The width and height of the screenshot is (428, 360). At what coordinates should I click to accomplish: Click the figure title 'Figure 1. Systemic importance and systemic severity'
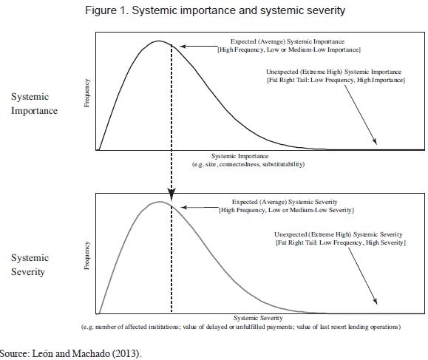coord(215,10)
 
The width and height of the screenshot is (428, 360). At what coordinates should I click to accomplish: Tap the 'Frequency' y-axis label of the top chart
coord(86,93)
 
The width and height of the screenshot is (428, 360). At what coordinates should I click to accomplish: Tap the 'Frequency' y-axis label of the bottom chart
coord(86,256)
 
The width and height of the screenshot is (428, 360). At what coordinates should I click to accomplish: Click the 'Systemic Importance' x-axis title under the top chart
coord(240,156)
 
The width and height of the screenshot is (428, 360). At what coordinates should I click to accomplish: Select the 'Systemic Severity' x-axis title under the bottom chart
coord(258,318)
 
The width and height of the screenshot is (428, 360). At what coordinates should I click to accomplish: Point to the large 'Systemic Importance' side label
coord(34,103)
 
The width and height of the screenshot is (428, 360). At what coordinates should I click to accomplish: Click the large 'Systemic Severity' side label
coord(30,265)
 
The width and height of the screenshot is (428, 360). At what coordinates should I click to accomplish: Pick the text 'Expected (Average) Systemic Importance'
coord(288,41)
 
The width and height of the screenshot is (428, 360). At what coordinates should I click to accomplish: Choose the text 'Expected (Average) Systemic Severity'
coord(285,202)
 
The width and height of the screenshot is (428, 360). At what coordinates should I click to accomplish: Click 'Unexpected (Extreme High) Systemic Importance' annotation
coord(333,72)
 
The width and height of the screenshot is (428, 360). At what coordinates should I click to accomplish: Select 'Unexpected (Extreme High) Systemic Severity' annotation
coord(339,234)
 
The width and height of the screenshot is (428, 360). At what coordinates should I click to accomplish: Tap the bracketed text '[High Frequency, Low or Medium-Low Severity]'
coord(286,210)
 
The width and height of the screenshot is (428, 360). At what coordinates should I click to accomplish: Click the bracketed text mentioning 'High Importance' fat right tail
coord(336,80)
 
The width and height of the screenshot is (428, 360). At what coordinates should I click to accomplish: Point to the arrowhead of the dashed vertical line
coord(171,194)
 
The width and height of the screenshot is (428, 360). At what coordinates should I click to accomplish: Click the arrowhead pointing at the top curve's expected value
coord(183,47)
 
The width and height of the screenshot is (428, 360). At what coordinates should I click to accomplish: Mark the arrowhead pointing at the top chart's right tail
coord(375,141)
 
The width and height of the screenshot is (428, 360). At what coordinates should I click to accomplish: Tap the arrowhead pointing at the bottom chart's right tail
coord(376,301)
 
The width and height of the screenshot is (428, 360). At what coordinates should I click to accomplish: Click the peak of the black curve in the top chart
coord(159,41)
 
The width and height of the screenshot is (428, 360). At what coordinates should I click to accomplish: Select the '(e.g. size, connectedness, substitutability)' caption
coord(248,164)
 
